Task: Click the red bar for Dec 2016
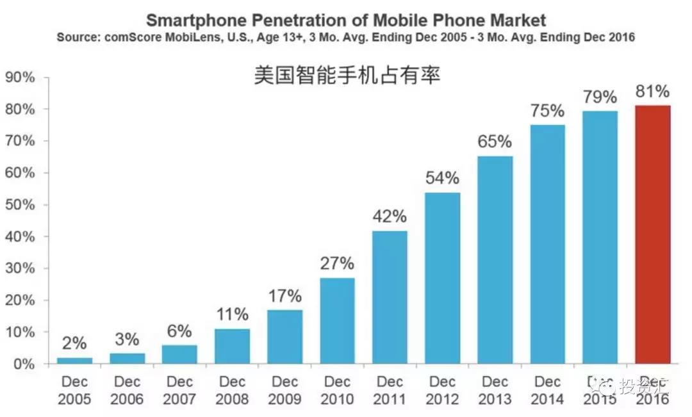(653, 234)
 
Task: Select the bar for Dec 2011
(390, 297)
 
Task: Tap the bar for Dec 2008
(232, 347)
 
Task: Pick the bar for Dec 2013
(495, 260)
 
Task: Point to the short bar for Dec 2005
(74, 361)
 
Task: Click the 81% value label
(652, 92)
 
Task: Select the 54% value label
(443, 178)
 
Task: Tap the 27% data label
(337, 264)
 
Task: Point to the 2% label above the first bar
(74, 343)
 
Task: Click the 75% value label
(548, 110)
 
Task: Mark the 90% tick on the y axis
(20, 78)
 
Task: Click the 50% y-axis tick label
(20, 205)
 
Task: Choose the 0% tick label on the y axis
(24, 364)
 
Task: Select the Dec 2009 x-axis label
(284, 391)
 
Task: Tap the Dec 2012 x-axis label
(443, 391)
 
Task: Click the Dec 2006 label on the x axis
(127, 391)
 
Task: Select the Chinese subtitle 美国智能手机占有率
(347, 76)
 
